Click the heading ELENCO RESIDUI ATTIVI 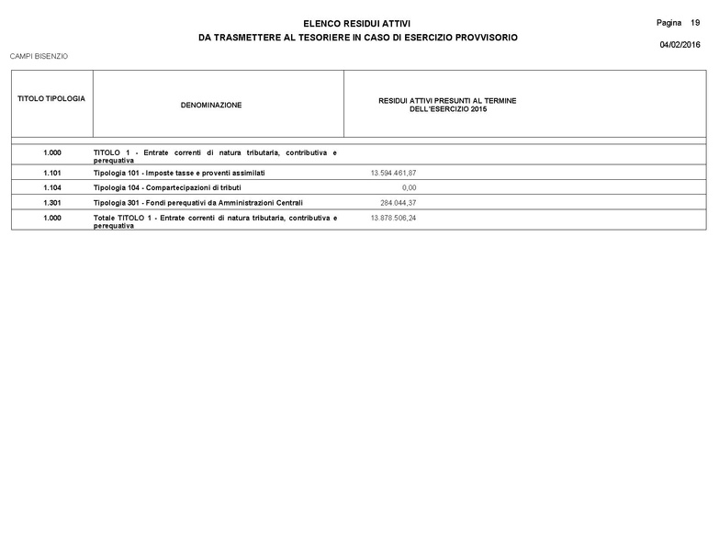coord(357,23)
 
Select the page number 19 coord(695,21)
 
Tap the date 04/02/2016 coord(680,45)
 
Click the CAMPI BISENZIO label coord(39,56)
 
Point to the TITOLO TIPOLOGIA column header coord(51,98)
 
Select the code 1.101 coord(51,173)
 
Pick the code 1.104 coord(51,187)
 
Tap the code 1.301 coord(51,202)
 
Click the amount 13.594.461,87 coord(393,173)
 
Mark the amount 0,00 coord(409,187)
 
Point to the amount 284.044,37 coord(398,202)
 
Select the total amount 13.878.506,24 coord(393,218)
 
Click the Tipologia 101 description coord(179,173)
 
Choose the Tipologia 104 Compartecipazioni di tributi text coord(167,187)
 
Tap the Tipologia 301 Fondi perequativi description coord(198,202)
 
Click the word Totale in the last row coord(107,218)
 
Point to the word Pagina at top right coord(669,21)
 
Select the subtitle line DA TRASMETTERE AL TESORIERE coord(358,38)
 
